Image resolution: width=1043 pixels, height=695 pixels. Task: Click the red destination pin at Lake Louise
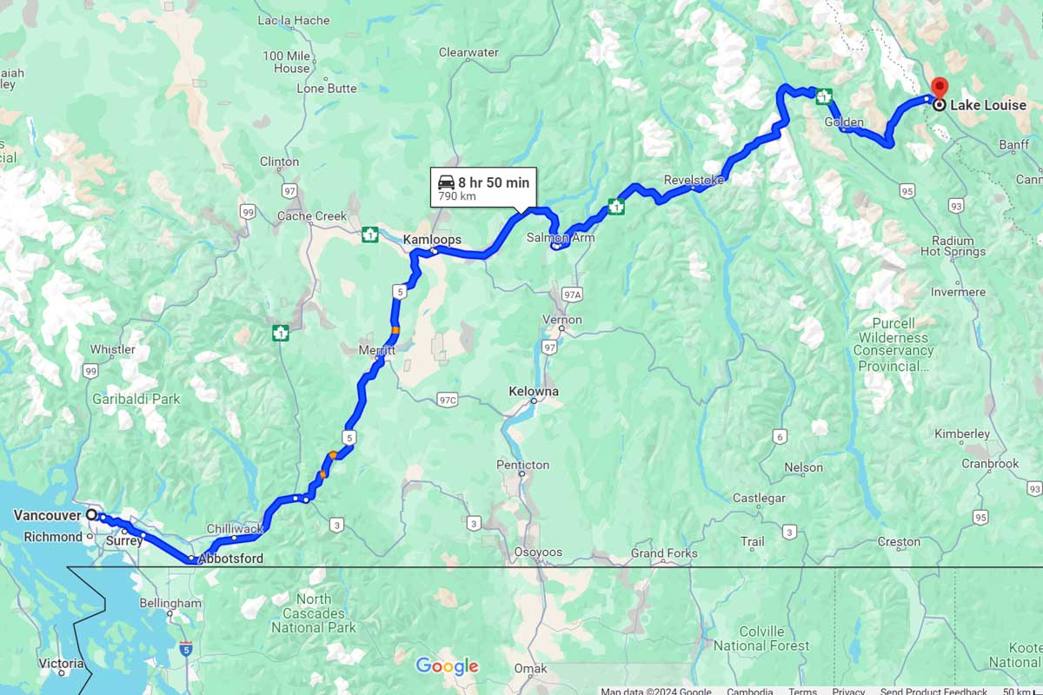(940, 88)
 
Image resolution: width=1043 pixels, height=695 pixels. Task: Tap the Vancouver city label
(47, 515)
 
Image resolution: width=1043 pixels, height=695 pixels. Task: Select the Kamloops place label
(432, 239)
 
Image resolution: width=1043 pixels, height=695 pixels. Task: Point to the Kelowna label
(534, 392)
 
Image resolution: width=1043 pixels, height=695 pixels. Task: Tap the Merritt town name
(377, 350)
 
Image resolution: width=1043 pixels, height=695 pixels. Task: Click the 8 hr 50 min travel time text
(494, 182)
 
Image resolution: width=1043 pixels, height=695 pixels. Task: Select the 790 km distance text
(457, 196)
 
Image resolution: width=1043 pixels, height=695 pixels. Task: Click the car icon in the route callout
(445, 182)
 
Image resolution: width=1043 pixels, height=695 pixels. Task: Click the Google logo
(447, 666)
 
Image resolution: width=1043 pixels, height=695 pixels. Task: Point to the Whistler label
(113, 349)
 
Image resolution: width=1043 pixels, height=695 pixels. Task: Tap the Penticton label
(522, 465)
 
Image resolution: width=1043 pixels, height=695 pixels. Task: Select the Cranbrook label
(990, 464)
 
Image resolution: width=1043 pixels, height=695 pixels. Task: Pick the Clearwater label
(468, 52)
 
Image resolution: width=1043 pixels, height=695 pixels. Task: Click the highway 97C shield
(447, 400)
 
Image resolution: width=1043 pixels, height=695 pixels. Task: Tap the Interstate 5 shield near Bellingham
(186, 648)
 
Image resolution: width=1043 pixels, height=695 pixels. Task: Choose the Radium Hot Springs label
(953, 246)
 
